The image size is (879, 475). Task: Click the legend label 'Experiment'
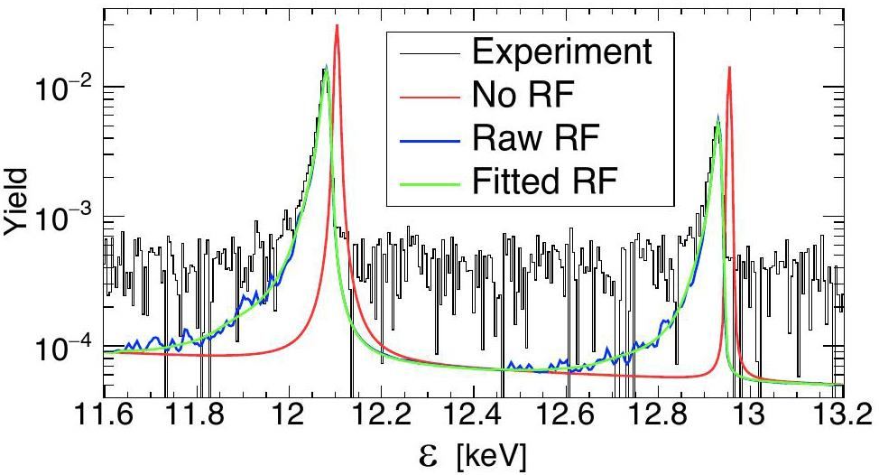coord(560,51)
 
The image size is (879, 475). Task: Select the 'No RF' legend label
coord(525,93)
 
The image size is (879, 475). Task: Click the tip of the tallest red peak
coord(337,25)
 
